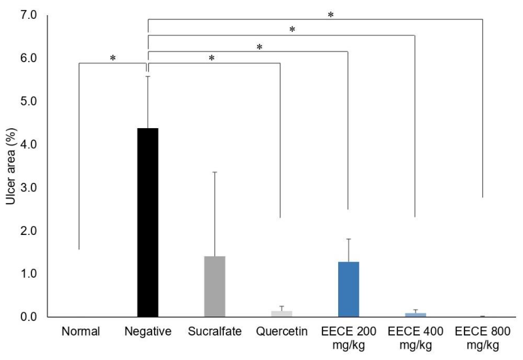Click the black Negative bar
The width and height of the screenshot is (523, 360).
coord(148,222)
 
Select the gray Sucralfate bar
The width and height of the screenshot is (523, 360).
coord(215,286)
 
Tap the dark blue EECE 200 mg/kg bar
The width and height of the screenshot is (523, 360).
coord(348,290)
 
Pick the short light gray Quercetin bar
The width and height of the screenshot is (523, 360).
coord(282,314)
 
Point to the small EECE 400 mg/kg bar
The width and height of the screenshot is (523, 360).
coord(416,315)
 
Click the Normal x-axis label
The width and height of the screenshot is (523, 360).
coord(80,331)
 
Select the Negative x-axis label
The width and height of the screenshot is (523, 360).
coord(148,331)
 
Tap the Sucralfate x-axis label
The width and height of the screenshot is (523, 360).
coord(215,331)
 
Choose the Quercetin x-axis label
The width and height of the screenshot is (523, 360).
coord(282,331)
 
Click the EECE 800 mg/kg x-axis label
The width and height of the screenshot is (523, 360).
coord(483,337)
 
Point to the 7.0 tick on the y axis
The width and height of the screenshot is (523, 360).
coord(28,15)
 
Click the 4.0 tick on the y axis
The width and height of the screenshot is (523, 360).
coord(28,145)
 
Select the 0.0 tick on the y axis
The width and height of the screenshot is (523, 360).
coord(28,317)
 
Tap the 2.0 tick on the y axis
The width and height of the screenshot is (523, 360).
coord(28,231)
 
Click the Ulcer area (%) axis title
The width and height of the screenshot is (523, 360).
coord(11,166)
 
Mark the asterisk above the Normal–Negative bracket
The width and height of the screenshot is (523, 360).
coord(113,58)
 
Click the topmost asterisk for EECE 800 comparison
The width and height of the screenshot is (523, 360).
coord(331,15)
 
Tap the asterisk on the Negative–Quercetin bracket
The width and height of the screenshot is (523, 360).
coord(211,58)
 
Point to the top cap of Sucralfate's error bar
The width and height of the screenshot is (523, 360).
coord(215,172)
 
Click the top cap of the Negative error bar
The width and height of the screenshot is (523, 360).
coord(148,76)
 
